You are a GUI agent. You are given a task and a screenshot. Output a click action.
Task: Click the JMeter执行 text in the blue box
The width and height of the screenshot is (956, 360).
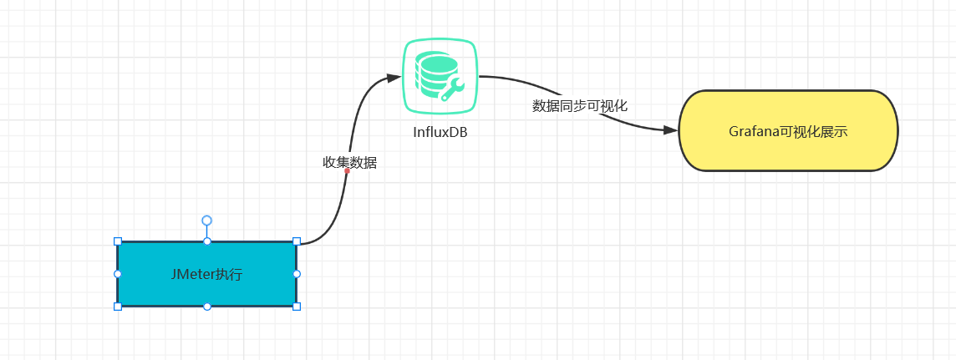point(206,275)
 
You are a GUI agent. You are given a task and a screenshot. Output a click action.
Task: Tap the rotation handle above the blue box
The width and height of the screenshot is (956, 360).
point(206,220)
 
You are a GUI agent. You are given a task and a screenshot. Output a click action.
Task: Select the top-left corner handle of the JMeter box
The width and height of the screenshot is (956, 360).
point(118,242)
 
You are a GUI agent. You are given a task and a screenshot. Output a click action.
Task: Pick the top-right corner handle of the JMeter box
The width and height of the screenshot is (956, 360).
point(297,242)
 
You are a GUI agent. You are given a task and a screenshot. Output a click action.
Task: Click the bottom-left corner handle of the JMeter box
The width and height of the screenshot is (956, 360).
point(118,307)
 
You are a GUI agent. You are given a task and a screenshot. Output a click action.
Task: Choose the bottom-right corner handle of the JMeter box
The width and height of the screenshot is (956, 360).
point(297,307)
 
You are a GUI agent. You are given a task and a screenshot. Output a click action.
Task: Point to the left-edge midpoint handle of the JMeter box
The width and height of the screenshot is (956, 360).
point(118,274)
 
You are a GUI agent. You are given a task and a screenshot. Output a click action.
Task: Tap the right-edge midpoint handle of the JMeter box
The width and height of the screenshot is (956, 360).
point(297,274)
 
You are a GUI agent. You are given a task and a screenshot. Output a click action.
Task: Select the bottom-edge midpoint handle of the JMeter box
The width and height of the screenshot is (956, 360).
point(206,307)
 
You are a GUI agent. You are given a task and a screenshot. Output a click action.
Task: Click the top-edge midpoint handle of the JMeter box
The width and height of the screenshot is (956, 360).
point(206,242)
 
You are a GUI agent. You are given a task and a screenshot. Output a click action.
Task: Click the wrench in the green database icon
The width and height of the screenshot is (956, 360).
point(452,89)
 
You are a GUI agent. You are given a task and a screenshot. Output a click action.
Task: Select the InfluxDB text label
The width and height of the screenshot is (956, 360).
point(440,132)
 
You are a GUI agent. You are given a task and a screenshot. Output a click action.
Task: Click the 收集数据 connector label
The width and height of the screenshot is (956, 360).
point(350,163)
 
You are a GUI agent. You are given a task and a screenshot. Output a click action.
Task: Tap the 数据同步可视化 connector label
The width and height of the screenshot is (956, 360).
point(580,106)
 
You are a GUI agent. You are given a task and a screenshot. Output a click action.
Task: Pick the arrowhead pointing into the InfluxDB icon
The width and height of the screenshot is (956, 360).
point(394,78)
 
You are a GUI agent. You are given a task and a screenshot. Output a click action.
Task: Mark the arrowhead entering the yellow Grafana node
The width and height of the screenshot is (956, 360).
point(671,129)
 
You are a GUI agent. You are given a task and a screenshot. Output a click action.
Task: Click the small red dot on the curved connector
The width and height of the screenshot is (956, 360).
point(347,171)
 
